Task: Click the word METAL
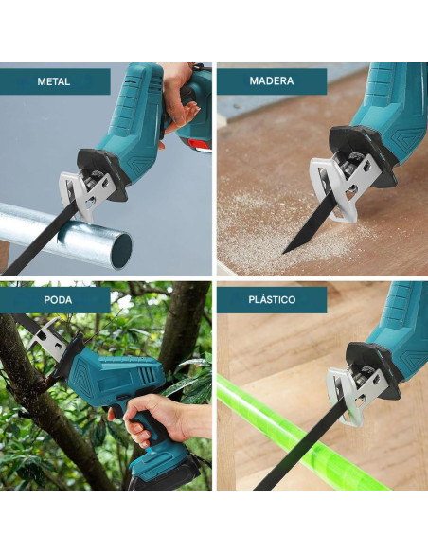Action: tap(54, 81)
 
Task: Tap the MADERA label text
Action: tap(272, 81)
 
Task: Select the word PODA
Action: tap(58, 300)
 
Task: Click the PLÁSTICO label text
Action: tap(272, 300)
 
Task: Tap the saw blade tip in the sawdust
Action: tap(284, 252)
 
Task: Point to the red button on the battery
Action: tap(200, 145)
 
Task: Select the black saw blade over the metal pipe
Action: tap(39, 240)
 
